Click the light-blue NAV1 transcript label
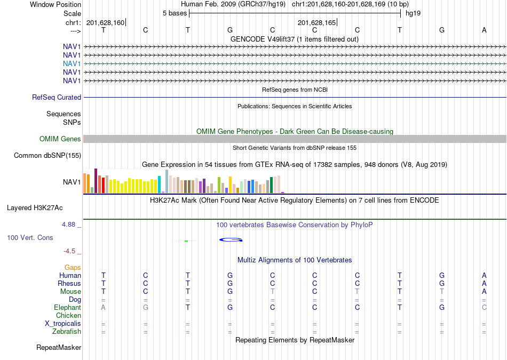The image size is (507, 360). [72, 63]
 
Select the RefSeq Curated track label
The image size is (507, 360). [57, 97]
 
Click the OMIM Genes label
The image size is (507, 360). [60, 139]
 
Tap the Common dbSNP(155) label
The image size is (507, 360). [47, 155]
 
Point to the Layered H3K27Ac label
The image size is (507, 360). [35, 208]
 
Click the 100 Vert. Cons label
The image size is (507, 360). [30, 237]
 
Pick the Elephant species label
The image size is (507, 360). [68, 307]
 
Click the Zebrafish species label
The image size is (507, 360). [67, 331]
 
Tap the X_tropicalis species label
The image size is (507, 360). [63, 324]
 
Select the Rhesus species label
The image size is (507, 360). [69, 283]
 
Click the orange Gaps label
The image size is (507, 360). [73, 268]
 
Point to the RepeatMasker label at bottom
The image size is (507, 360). [59, 347]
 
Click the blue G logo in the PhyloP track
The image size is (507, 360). [231, 240]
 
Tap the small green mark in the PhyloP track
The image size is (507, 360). [186, 241]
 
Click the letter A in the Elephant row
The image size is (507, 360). [103, 307]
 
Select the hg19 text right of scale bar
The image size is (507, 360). [413, 13]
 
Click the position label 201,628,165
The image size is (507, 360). [316, 22]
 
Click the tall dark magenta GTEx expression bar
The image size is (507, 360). [96, 181]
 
